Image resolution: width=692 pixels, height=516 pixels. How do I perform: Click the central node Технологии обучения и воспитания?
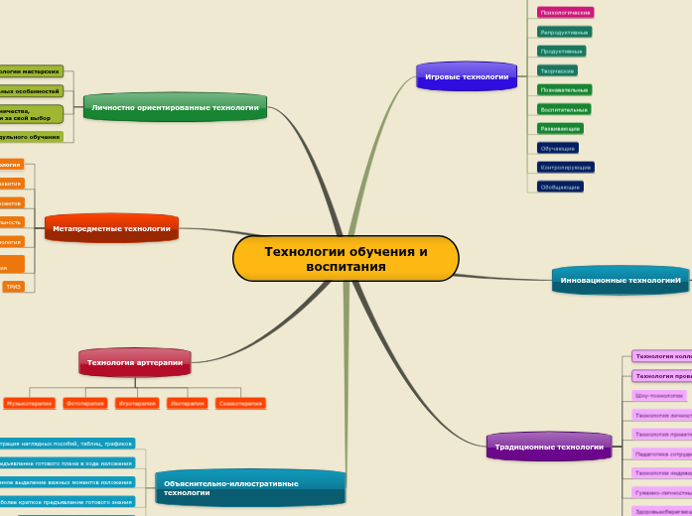click(346, 259)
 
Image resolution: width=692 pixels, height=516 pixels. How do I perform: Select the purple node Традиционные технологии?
click(549, 447)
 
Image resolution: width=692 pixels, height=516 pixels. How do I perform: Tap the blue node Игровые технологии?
click(467, 76)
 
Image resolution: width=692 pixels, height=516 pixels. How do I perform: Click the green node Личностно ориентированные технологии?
click(175, 107)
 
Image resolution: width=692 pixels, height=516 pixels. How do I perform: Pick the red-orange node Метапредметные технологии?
click(111, 228)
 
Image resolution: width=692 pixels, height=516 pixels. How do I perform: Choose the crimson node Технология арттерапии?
click(134, 362)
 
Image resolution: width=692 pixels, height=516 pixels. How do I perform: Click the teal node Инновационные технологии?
click(621, 280)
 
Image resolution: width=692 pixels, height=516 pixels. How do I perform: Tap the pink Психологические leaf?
click(565, 13)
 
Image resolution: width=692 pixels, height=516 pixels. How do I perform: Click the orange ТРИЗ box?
click(14, 287)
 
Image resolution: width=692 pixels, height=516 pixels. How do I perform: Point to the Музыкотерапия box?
click(29, 404)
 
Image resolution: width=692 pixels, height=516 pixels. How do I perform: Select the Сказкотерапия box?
click(240, 404)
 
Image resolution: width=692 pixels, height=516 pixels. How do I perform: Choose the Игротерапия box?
click(137, 404)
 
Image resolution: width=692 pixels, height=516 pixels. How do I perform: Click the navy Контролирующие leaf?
click(565, 168)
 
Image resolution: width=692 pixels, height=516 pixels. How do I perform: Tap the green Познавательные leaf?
click(564, 90)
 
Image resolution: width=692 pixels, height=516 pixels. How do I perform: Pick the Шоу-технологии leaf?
click(658, 395)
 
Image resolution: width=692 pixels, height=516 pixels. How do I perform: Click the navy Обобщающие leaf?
click(560, 187)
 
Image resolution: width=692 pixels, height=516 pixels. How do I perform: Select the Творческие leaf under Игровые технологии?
click(556, 70)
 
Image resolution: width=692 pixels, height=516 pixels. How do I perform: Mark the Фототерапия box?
click(85, 404)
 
